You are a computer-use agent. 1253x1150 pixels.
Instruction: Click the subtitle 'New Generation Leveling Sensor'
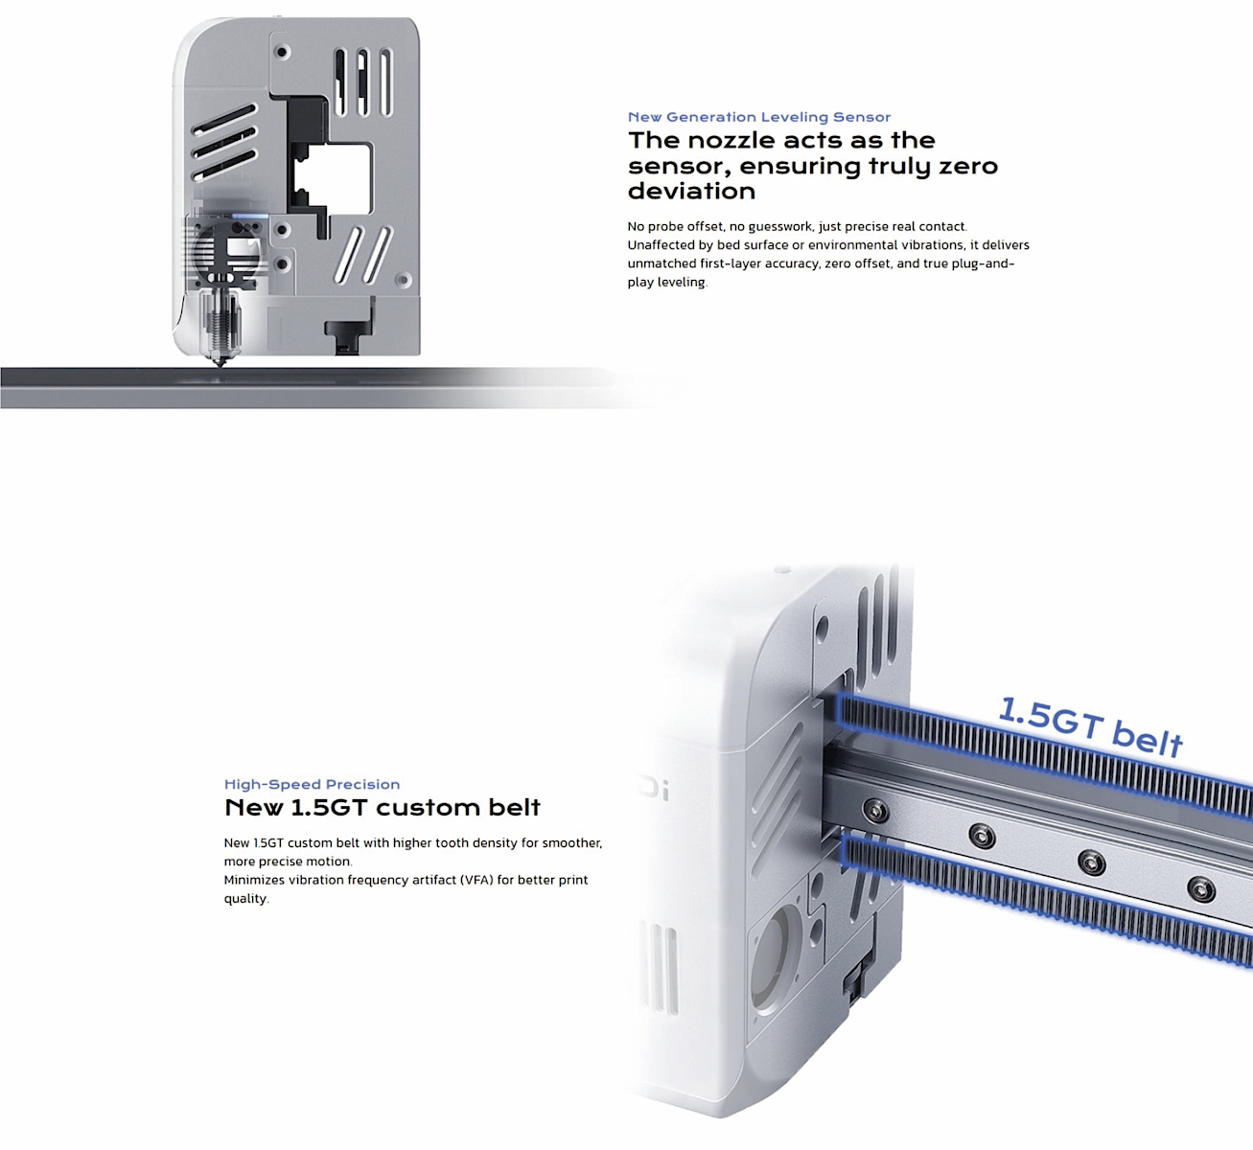click(759, 117)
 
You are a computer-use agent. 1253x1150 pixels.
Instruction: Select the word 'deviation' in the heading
click(691, 191)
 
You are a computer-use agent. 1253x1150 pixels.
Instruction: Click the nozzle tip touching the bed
click(220, 363)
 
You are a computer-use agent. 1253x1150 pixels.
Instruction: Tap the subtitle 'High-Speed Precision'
click(312, 784)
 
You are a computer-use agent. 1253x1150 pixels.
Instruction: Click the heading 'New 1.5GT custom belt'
click(382, 808)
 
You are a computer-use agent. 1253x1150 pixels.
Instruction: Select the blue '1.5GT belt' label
click(1090, 726)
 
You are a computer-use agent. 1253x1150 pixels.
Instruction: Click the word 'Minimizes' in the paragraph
click(254, 880)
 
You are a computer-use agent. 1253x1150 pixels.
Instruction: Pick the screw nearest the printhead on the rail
click(875, 811)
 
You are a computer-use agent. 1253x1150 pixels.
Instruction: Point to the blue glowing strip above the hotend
click(250, 217)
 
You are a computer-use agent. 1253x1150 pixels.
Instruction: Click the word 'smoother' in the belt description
click(571, 842)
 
